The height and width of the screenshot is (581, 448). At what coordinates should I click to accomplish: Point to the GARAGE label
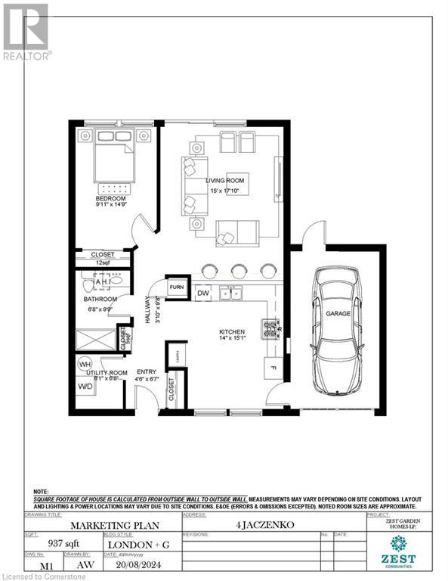(338, 313)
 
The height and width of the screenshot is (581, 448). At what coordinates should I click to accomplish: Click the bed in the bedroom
(114, 162)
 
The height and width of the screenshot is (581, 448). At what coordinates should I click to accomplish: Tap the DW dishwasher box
(202, 294)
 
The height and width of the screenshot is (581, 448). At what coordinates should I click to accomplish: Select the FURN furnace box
(177, 287)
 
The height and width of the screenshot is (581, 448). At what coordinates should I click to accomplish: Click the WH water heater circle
(85, 364)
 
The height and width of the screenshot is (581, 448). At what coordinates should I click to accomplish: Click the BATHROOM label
(100, 300)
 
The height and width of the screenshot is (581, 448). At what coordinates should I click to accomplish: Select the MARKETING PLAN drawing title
(100, 524)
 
